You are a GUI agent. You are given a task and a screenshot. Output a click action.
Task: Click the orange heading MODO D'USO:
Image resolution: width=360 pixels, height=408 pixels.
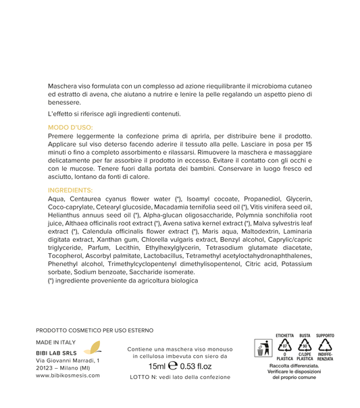point(70,127)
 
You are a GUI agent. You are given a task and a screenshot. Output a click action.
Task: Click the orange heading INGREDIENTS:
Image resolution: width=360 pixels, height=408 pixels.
point(71,190)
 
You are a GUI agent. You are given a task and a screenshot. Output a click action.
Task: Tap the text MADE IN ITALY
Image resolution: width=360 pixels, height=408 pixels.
point(57,342)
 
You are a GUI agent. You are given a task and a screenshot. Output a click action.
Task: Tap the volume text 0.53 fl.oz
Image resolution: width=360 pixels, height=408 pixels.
point(196,366)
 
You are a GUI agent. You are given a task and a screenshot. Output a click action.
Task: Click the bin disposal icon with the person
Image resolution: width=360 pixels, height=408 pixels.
point(262,349)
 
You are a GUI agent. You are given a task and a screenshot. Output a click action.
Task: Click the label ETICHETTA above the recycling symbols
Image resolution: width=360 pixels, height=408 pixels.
point(285,336)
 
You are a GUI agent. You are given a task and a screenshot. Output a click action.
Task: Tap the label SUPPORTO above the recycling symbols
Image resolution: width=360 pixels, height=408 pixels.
point(325,336)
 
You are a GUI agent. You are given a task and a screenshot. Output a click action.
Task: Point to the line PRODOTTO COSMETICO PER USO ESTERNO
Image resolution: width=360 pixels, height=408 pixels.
point(95,330)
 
